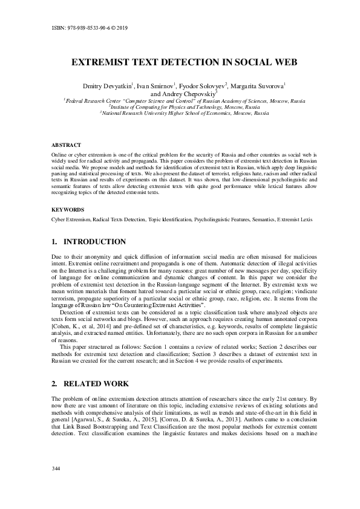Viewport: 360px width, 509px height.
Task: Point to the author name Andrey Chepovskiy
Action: coord(184,94)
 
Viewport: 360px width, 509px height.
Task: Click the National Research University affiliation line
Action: coord(184,113)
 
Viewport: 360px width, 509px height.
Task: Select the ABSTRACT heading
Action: coord(65,146)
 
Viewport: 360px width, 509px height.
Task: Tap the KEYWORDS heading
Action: coord(68,209)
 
